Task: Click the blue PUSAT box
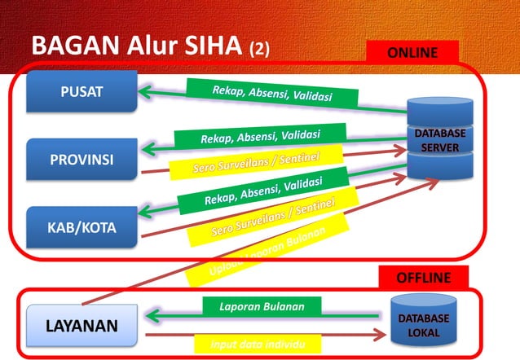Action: click(x=82, y=91)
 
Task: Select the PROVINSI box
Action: click(x=82, y=158)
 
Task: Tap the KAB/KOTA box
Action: click(x=82, y=227)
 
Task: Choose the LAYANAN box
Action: click(x=81, y=327)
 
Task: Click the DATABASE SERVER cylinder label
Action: click(x=440, y=139)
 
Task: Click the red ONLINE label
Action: click(x=412, y=53)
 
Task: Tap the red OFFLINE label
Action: click(x=423, y=278)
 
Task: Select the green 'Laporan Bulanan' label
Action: click(x=262, y=307)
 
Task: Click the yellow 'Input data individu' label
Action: click(x=262, y=344)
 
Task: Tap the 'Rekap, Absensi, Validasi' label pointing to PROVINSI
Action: click(x=260, y=135)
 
